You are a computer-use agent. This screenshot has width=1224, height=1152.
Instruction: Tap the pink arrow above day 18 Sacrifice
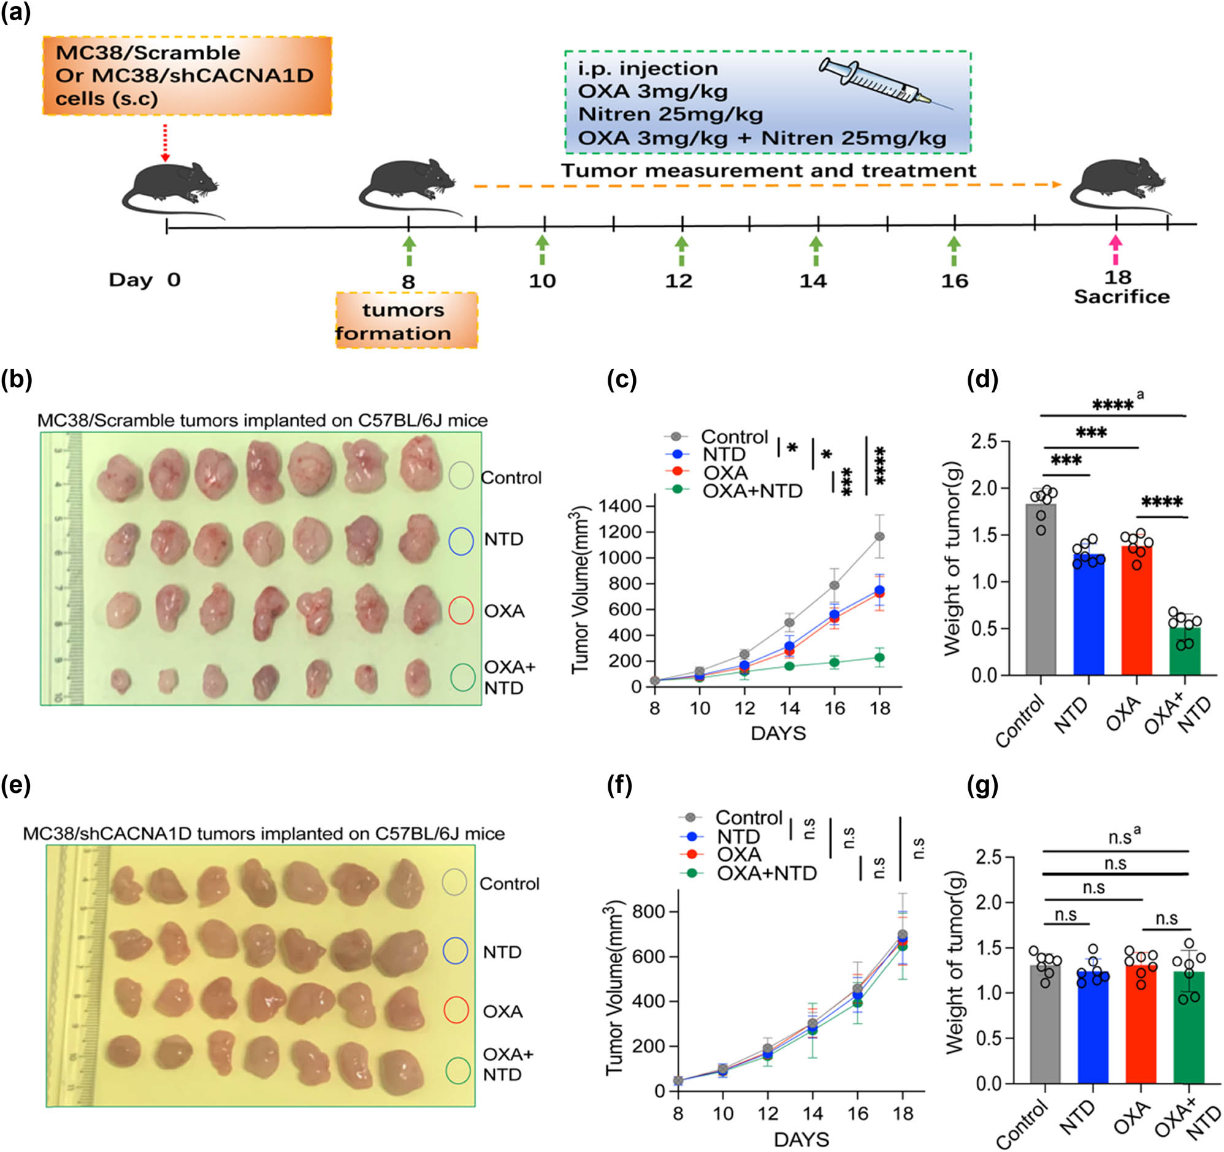point(1115,249)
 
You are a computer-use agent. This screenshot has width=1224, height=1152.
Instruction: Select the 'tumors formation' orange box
point(407,320)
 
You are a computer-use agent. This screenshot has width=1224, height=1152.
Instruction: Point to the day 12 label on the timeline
point(678,281)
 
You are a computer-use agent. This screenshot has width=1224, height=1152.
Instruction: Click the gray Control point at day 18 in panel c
point(880,537)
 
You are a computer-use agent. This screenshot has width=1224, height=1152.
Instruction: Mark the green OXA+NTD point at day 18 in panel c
point(880,658)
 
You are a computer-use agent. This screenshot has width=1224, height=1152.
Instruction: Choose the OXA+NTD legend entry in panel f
point(766,873)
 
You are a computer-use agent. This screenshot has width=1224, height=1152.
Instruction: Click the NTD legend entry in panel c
point(724,455)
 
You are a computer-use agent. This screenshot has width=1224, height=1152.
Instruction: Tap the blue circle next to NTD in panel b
point(461,542)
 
